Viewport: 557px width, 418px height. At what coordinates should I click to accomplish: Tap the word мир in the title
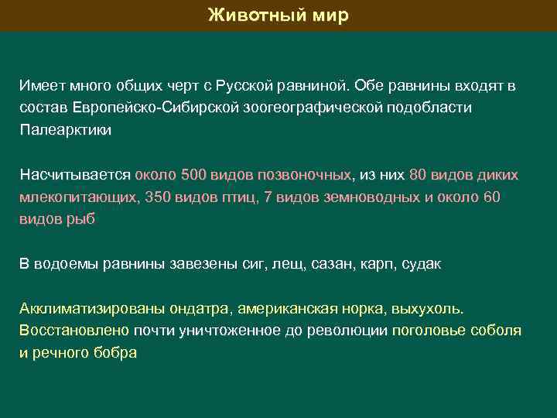(x=330, y=15)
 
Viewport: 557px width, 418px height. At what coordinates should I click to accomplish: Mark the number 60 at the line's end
(x=491, y=197)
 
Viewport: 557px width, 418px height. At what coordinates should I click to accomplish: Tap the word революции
(x=351, y=331)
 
